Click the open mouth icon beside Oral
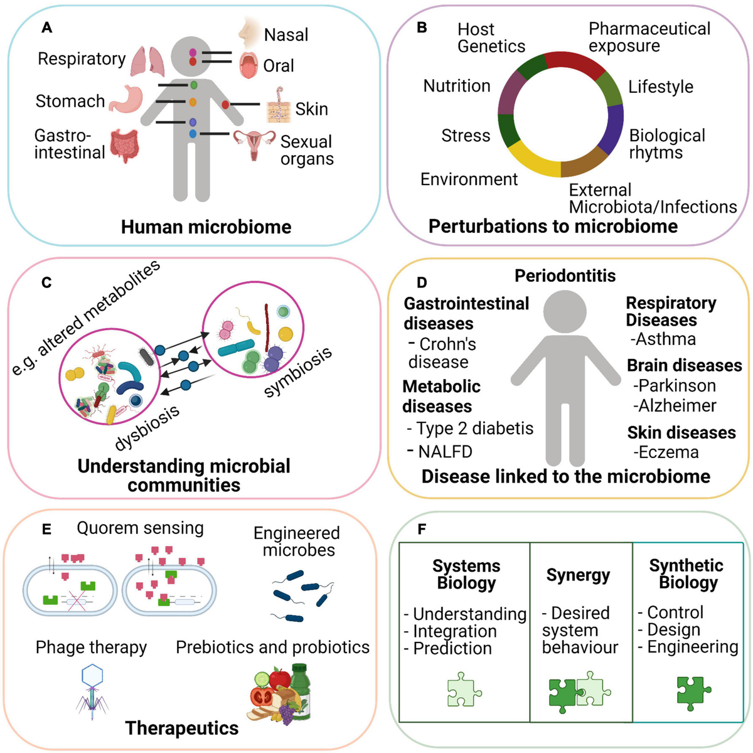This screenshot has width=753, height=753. (x=249, y=65)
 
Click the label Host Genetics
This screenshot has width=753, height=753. (x=491, y=38)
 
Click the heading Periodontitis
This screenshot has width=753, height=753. (x=565, y=275)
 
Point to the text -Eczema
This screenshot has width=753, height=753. (x=665, y=452)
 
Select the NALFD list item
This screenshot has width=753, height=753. (x=444, y=452)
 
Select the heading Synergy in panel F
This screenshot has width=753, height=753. (x=578, y=575)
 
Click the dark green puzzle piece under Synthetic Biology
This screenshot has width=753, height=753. (x=693, y=692)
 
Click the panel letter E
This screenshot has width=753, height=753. (x=46, y=529)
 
